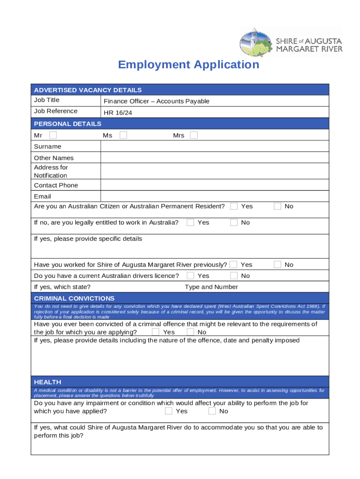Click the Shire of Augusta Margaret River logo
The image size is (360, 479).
click(x=291, y=42)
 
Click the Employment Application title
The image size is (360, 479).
click(x=188, y=65)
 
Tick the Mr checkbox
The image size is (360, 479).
click(x=53, y=135)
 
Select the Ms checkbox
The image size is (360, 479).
click(x=123, y=135)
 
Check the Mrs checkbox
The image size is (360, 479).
click(x=194, y=135)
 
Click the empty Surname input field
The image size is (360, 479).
click(x=214, y=146)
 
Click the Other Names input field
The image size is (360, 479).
click(x=214, y=158)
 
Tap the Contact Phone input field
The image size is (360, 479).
click(x=214, y=185)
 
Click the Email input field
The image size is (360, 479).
click(x=214, y=196)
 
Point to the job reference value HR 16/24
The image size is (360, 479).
click(x=118, y=113)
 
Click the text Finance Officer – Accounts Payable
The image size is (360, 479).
click(x=156, y=102)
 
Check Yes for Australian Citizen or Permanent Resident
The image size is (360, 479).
click(x=234, y=206)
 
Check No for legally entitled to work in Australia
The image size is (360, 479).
click(x=234, y=223)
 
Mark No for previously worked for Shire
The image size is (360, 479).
click(x=278, y=265)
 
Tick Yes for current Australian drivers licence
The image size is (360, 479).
click(x=190, y=276)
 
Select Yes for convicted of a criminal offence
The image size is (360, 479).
click(x=155, y=332)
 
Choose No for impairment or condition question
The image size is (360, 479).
click(x=212, y=411)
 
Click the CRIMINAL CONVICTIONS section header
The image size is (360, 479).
click(x=74, y=298)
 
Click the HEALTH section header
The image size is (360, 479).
click(x=47, y=382)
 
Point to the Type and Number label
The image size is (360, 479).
click(x=211, y=287)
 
